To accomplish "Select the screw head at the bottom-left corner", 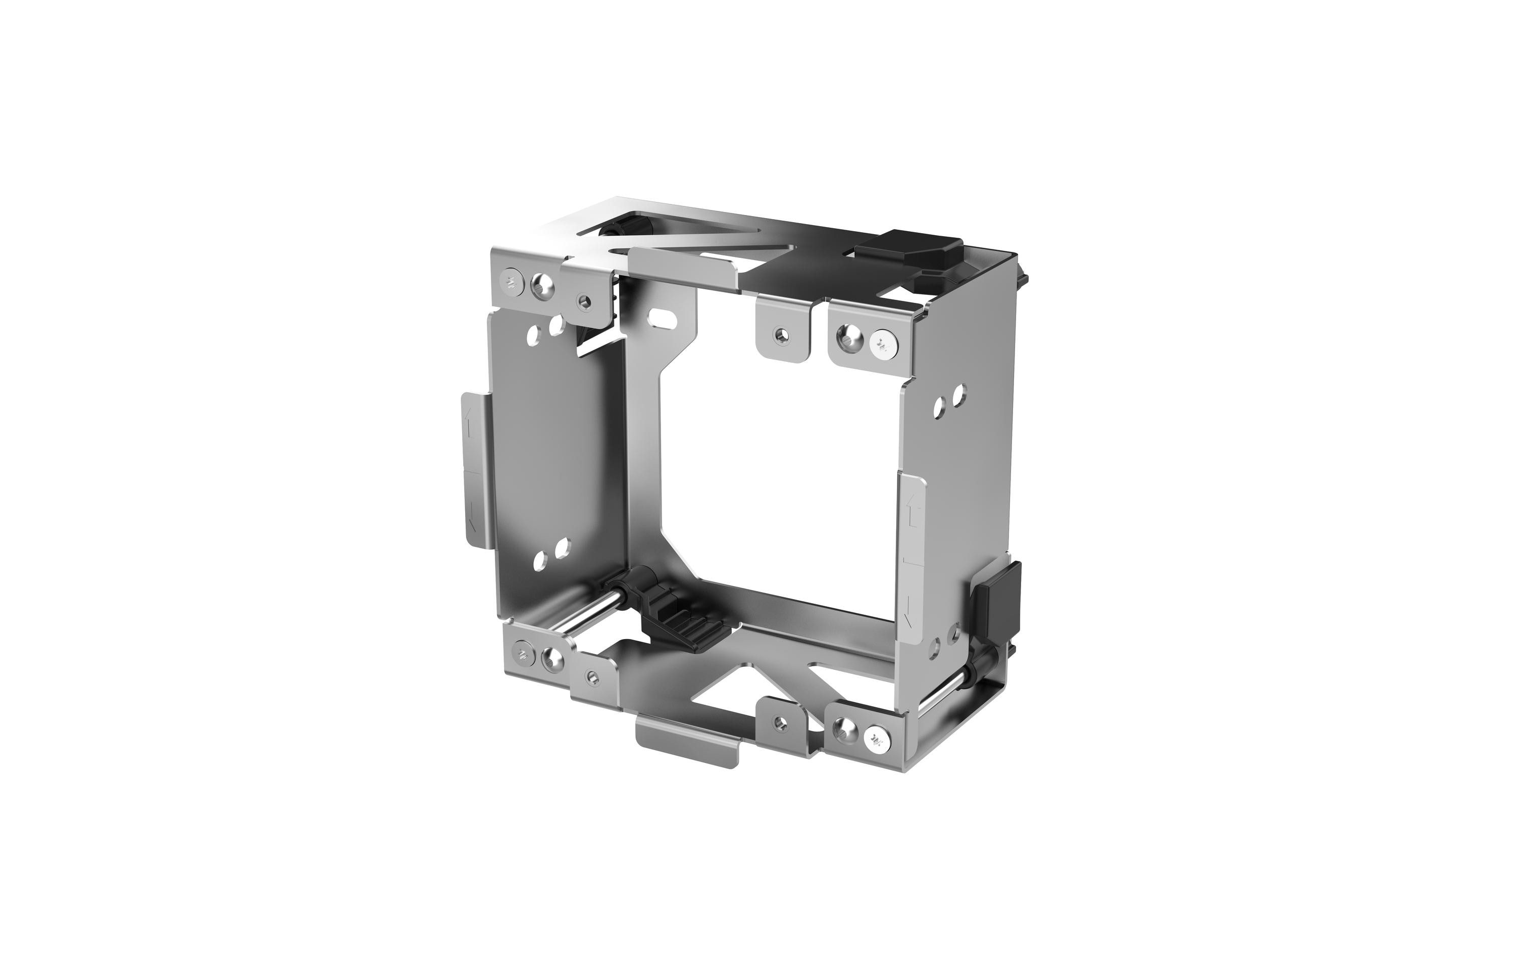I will tap(522, 654).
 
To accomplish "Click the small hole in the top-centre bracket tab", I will tap(781, 335).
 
